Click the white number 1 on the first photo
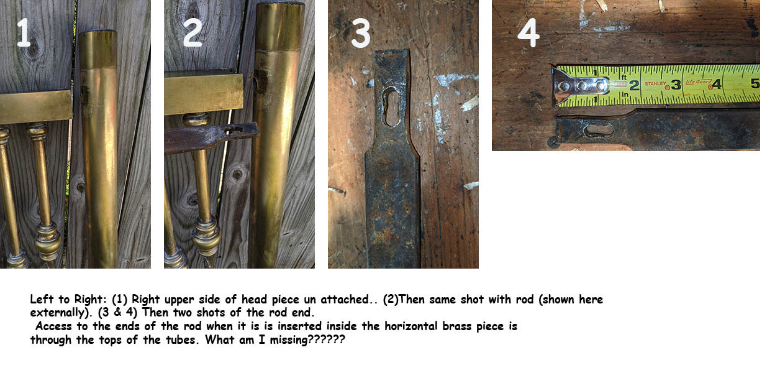[24, 32]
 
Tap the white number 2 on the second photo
[193, 32]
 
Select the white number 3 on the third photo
[361, 33]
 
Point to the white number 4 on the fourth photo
[528, 33]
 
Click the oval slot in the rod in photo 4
[599, 130]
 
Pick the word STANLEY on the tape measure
[655, 83]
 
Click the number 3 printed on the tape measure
[676, 85]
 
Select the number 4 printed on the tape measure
[717, 84]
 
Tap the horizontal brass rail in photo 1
[36, 107]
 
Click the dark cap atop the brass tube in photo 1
[98, 32]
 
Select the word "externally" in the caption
[58, 312]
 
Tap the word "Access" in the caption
[54, 326]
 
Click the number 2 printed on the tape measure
[633, 85]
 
